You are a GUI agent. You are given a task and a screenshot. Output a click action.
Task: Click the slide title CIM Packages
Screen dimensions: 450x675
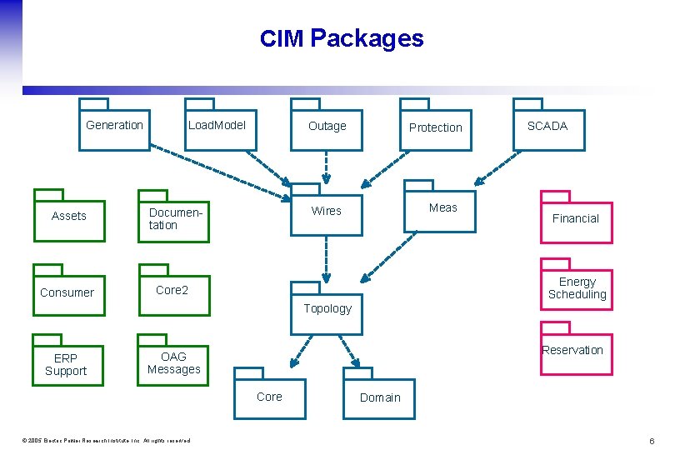click(x=342, y=38)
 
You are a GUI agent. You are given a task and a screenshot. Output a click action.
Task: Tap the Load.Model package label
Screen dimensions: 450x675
click(x=217, y=125)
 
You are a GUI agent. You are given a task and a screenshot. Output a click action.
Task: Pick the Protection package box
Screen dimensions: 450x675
click(x=435, y=129)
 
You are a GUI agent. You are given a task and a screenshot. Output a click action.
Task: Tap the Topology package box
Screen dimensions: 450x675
click(x=327, y=310)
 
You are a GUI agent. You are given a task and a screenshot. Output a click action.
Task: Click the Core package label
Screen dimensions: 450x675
click(x=269, y=397)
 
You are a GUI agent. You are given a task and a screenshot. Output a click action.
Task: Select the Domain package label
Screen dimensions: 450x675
click(x=380, y=397)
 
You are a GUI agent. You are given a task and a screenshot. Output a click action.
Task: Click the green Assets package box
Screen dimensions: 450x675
click(x=69, y=217)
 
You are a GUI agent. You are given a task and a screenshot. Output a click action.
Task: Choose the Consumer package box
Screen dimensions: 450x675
click(x=68, y=292)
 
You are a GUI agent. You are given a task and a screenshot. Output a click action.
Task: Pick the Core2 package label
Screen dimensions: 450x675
click(x=172, y=290)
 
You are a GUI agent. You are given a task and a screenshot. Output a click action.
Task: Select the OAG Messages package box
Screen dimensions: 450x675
click(x=173, y=363)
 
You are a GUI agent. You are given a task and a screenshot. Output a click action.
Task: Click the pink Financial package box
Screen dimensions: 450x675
click(x=576, y=219)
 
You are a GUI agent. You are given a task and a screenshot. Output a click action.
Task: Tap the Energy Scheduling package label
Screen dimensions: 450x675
click(x=577, y=288)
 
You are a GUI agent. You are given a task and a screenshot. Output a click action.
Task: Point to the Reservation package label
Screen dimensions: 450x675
click(x=572, y=350)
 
